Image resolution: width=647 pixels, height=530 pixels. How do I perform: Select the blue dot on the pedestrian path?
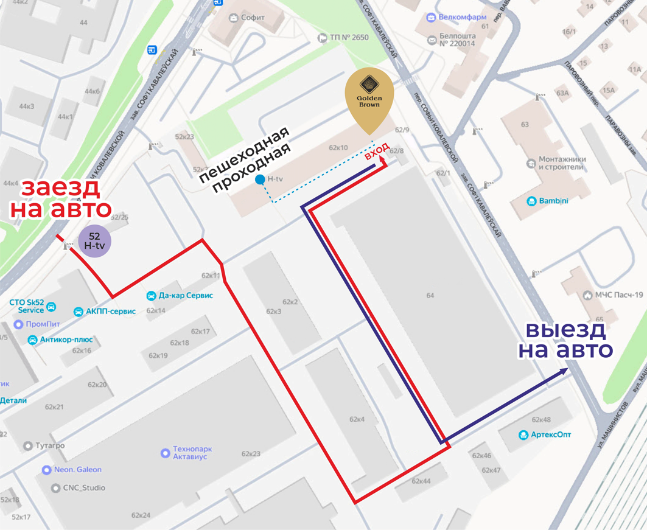[260, 179]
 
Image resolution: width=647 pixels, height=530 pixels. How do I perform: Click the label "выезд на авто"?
[565, 340]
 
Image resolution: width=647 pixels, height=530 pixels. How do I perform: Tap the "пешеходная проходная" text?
[250, 159]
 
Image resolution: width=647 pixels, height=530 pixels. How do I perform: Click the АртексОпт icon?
[523, 434]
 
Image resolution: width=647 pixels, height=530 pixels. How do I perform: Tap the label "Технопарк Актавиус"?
[192, 453]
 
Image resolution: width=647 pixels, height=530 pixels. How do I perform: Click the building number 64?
[430, 296]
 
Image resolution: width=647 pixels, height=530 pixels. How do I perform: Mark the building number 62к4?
[357, 419]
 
